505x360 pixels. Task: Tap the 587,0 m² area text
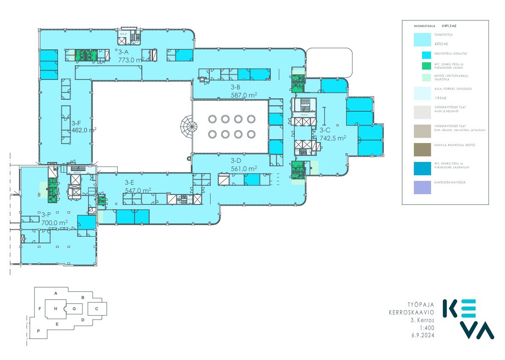point(243,95)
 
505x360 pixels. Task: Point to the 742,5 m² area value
point(333,138)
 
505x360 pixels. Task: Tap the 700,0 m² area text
point(55,223)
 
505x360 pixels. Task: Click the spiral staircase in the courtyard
point(189,127)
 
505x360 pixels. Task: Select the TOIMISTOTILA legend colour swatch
point(422,40)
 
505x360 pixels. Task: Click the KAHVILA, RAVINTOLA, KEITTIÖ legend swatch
point(422,150)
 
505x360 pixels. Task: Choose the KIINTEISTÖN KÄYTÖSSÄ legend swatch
point(422,187)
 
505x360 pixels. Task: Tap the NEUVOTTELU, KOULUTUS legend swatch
point(426,55)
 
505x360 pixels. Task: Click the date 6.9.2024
point(423,336)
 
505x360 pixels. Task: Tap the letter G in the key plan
point(74,308)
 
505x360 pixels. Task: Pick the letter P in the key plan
point(38,331)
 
